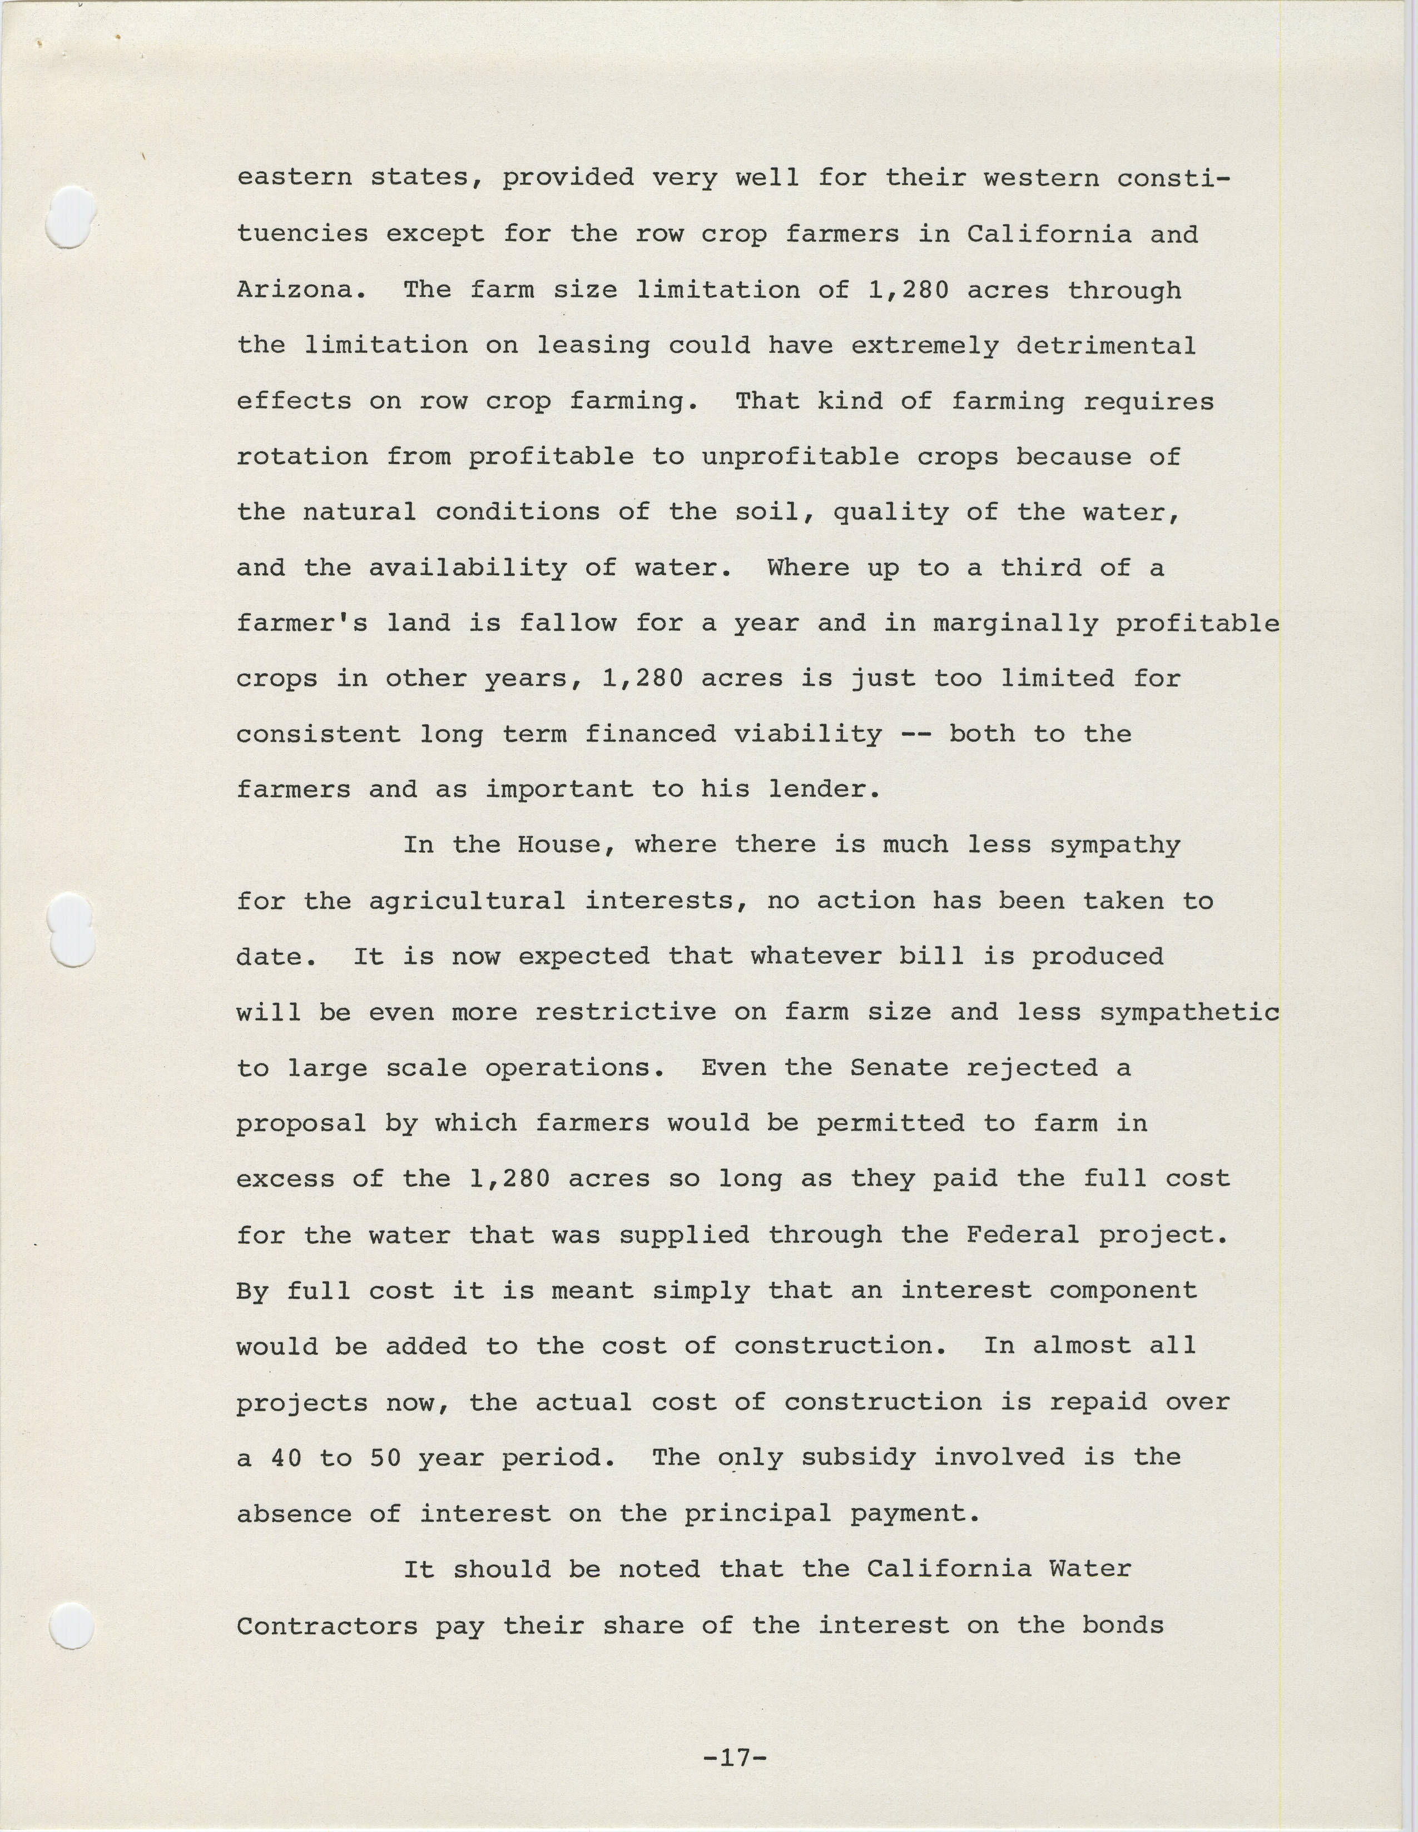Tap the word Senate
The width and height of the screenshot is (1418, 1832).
click(x=899, y=1068)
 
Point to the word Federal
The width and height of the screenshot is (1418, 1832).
click(x=1023, y=1234)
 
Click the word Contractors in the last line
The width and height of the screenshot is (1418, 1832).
click(x=326, y=1626)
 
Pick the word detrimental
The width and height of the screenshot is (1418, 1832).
click(x=1106, y=346)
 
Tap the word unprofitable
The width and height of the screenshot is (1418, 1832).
click(x=800, y=457)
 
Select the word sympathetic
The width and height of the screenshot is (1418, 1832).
click(x=1190, y=1013)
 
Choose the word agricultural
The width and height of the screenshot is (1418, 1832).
click(x=467, y=901)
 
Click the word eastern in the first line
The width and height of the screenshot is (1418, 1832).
click(x=294, y=178)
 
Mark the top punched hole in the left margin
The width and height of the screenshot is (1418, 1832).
click(x=70, y=216)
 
